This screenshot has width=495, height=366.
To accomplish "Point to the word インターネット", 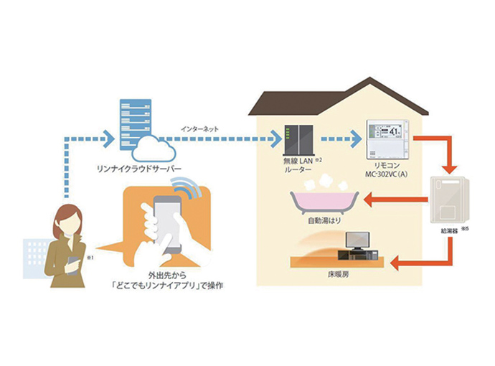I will tap(200, 130).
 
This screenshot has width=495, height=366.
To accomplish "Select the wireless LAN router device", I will tap(295, 141).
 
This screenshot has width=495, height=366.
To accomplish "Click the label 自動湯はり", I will tap(322, 224).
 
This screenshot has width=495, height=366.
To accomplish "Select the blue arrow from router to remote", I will tap(337, 140).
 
